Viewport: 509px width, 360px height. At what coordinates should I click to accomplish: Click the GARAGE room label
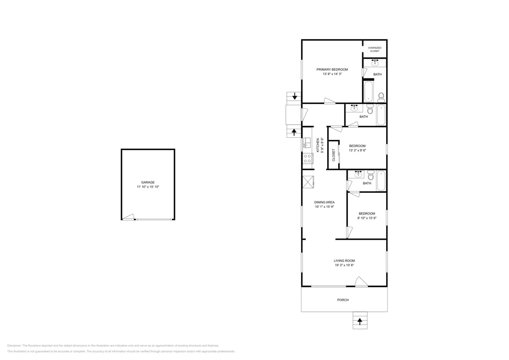[x=148, y=182]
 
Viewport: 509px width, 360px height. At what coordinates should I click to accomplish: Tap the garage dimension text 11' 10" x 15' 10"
[x=148, y=187]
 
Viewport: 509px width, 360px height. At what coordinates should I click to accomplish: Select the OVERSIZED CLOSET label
[x=375, y=49]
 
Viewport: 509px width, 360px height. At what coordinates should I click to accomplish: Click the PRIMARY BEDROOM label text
[x=332, y=70]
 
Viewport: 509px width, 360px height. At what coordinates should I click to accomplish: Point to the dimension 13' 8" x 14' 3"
[x=332, y=74]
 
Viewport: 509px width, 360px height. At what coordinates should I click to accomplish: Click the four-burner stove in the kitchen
[x=307, y=159]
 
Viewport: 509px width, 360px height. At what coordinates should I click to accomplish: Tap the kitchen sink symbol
[x=306, y=142]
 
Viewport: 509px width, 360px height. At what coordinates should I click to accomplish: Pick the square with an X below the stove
[x=308, y=182]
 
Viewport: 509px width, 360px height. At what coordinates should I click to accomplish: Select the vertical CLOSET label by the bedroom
[x=334, y=155]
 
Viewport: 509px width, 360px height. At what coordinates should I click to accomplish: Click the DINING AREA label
[x=324, y=202]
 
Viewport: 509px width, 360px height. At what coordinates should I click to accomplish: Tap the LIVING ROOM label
[x=344, y=261]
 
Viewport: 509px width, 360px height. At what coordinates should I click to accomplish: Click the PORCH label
[x=343, y=300]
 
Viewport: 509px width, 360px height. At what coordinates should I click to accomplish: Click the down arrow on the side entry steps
[x=294, y=96]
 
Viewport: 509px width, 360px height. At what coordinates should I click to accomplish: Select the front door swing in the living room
[x=361, y=282]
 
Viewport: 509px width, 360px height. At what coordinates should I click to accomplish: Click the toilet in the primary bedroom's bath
[x=381, y=96]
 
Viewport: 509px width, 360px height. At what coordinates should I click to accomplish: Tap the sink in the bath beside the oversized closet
[x=375, y=63]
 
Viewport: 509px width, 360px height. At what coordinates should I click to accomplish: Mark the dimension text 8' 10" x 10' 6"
[x=366, y=218]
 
